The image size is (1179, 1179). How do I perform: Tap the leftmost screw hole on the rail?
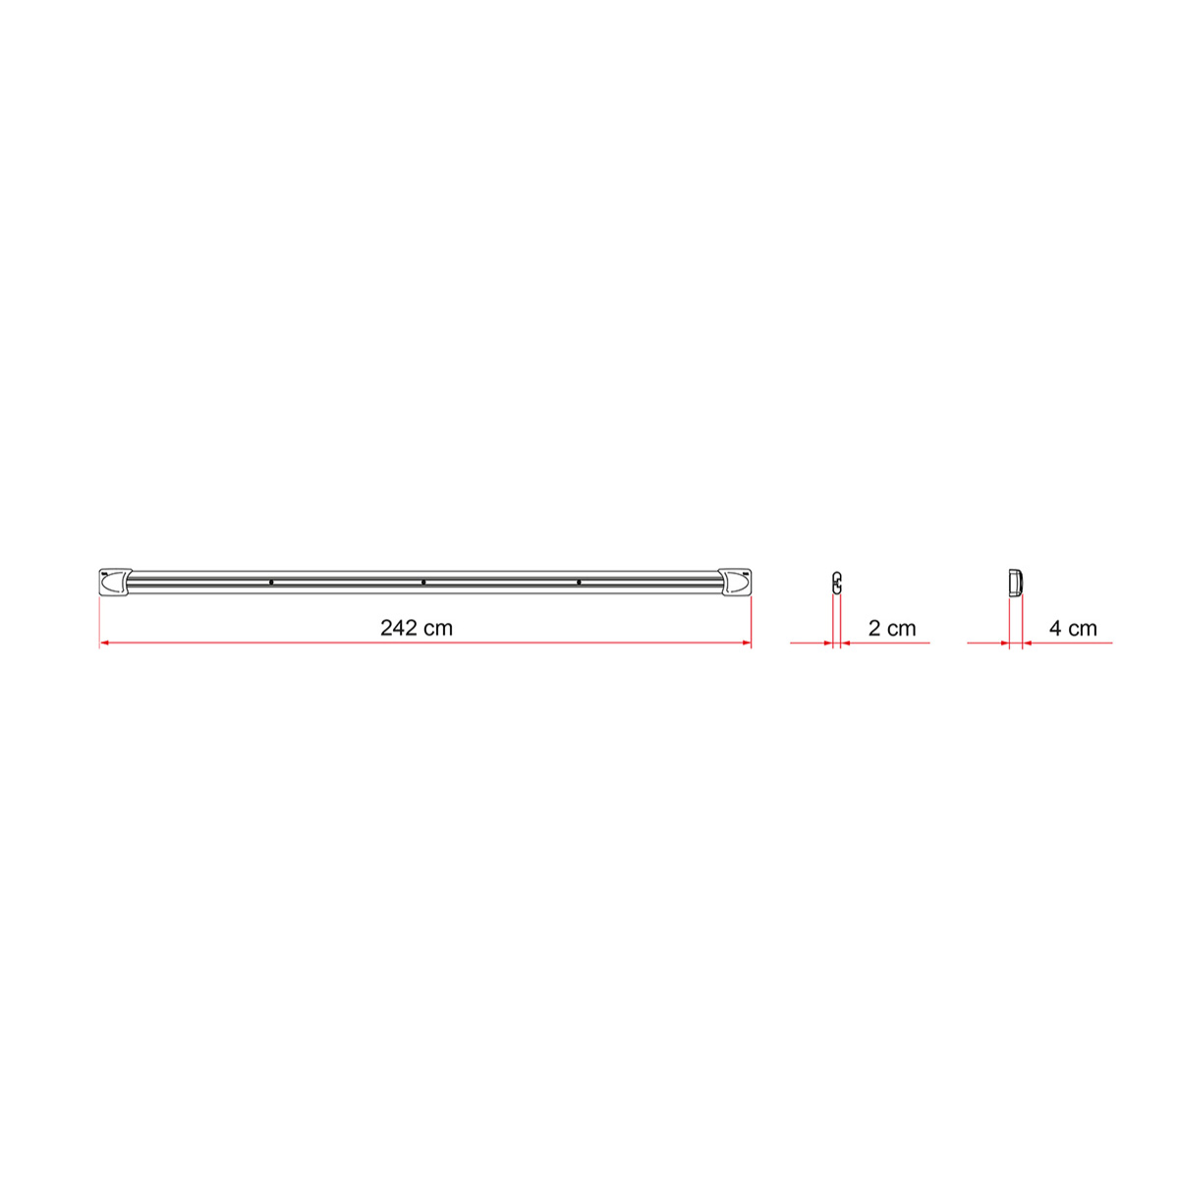click(x=271, y=583)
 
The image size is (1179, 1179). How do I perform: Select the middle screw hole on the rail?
click(x=423, y=583)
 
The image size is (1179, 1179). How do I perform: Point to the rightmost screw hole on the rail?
click(x=579, y=583)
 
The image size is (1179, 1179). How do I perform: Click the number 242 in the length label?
click(x=399, y=628)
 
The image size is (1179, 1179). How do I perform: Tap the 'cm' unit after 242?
click(x=439, y=628)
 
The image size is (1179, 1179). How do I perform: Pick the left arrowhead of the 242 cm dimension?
click(x=104, y=644)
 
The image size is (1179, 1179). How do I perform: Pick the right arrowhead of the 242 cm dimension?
click(x=747, y=644)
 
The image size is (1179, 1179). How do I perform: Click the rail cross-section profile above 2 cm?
click(x=837, y=582)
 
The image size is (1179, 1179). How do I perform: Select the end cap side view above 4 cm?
click(x=1016, y=582)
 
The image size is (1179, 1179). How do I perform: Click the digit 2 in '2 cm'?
click(x=874, y=628)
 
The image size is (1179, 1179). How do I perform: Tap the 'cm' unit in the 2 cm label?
click(x=901, y=628)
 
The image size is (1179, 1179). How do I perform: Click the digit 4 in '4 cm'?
click(x=1055, y=628)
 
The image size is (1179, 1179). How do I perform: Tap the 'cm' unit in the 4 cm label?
click(x=1083, y=628)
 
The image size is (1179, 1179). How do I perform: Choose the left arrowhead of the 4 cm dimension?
click(x=1005, y=644)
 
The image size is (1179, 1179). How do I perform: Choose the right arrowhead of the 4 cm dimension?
click(x=1027, y=644)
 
